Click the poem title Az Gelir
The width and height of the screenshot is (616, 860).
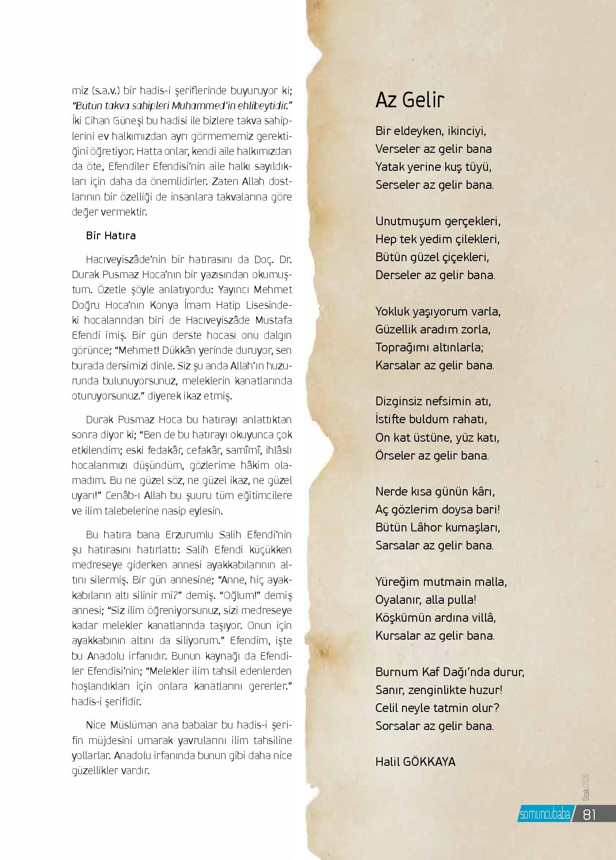(410, 100)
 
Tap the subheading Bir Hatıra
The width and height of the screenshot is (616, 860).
(111, 236)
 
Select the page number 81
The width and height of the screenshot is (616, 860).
(589, 814)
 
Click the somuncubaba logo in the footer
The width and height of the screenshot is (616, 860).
(544, 814)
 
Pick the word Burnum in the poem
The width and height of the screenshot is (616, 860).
(396, 672)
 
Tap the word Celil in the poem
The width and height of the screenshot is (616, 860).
(387, 708)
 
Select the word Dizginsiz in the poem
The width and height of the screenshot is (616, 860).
(398, 401)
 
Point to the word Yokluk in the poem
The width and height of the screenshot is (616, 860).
(391, 311)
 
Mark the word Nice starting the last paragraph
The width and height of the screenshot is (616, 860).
(96, 725)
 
